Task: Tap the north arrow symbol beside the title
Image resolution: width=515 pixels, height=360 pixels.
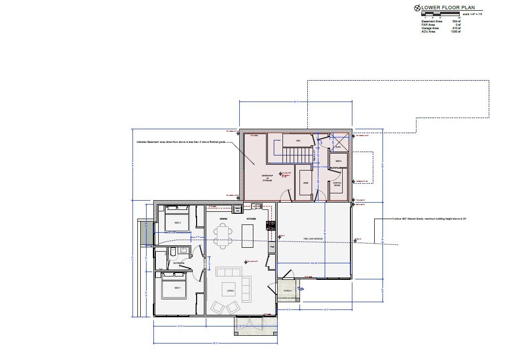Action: click(x=417, y=8)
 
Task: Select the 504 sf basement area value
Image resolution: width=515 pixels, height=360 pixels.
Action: click(x=456, y=21)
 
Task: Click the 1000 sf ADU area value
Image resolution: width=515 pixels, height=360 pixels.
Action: click(x=455, y=32)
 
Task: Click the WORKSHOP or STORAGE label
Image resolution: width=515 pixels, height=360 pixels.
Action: click(x=267, y=177)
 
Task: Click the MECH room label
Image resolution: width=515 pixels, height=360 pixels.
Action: click(x=338, y=161)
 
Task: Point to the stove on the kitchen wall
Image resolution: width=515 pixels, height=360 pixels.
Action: click(x=270, y=225)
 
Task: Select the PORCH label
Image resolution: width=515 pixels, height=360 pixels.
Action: click(x=287, y=291)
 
